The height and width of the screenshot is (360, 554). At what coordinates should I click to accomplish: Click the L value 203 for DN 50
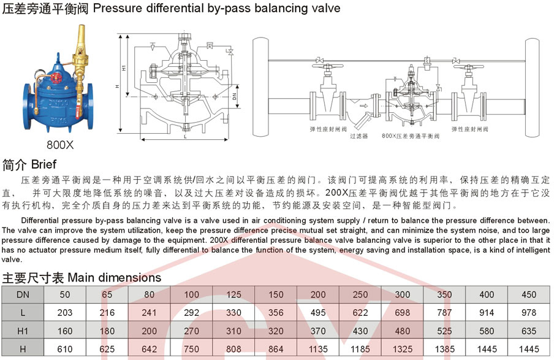[x=65, y=312]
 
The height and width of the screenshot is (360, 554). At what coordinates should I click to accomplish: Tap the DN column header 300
[x=403, y=294]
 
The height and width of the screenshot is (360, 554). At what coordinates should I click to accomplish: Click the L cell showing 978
[x=529, y=312]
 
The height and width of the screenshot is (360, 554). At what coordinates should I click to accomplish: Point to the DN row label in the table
[x=22, y=294]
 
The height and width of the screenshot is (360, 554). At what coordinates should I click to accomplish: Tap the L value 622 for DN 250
[x=360, y=312]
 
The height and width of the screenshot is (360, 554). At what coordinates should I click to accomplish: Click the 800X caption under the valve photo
[x=60, y=146]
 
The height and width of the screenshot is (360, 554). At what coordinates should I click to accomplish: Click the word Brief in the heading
[x=44, y=164]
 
